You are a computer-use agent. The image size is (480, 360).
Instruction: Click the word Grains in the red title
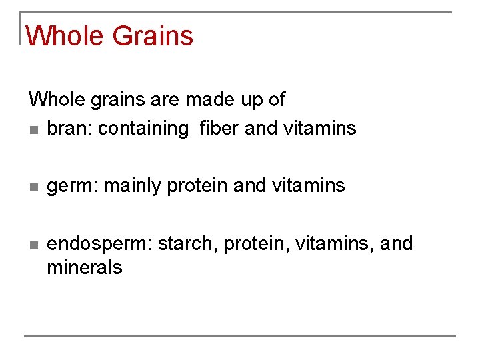[153, 36]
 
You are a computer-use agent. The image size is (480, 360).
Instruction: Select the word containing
[143, 129]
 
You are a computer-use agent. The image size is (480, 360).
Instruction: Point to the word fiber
[219, 128]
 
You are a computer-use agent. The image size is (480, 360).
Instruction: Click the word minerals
[85, 268]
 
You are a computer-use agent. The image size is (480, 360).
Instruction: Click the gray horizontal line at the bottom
[240, 335]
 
